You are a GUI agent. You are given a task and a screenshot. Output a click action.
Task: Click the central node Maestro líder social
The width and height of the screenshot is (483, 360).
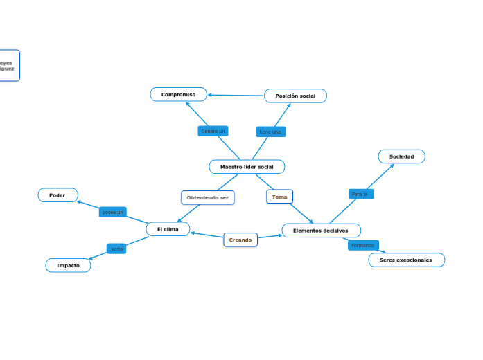click(247, 167)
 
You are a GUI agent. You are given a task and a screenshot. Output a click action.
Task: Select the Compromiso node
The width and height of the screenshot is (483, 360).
click(178, 94)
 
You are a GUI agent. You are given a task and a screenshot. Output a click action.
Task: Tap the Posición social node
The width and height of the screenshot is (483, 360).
click(295, 96)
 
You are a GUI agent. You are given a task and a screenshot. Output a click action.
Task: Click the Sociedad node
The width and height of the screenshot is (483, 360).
click(401, 156)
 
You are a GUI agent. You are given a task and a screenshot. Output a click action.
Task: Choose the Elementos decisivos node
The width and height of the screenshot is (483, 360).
click(321, 231)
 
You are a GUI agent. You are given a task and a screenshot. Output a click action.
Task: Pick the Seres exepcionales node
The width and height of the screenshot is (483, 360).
click(406, 260)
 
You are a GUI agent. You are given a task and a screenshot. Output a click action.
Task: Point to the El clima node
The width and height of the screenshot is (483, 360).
click(168, 228)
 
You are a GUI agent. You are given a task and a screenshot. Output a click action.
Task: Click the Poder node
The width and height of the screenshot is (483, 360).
click(58, 195)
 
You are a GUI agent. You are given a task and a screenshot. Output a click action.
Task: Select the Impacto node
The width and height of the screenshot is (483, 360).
click(68, 265)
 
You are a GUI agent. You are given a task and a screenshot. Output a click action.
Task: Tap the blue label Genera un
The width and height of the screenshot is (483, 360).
click(213, 131)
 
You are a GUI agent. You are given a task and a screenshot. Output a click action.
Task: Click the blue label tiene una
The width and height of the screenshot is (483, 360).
click(270, 132)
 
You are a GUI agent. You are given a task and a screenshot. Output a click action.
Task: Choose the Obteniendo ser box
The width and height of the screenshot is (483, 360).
click(208, 197)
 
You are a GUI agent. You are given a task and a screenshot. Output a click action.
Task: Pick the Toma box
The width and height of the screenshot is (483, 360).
click(279, 197)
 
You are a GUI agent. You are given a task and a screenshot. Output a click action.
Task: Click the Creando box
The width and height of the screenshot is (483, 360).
click(240, 240)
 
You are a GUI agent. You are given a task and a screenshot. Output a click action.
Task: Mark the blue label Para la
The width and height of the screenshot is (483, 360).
click(360, 194)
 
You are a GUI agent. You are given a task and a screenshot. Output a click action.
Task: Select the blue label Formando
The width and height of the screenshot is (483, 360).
click(362, 245)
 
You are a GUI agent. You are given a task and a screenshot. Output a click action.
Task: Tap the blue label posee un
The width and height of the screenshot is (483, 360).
click(112, 212)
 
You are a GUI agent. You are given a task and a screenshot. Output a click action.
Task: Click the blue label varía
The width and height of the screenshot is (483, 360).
click(116, 248)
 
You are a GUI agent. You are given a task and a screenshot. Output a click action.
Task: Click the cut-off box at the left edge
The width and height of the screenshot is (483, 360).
click(9, 66)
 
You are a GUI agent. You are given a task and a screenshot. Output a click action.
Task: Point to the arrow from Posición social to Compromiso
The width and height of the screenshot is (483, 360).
click(236, 95)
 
